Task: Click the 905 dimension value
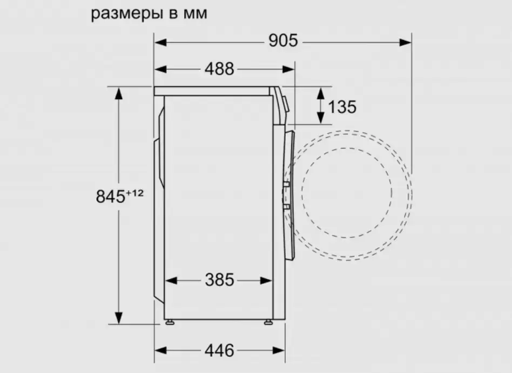(x=283, y=41)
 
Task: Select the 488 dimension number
(x=219, y=69)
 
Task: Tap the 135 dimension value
(x=342, y=107)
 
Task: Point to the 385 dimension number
(x=219, y=280)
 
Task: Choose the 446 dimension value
(x=219, y=350)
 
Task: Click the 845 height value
(x=111, y=197)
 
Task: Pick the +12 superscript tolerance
(x=134, y=193)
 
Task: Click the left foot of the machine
(x=170, y=322)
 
